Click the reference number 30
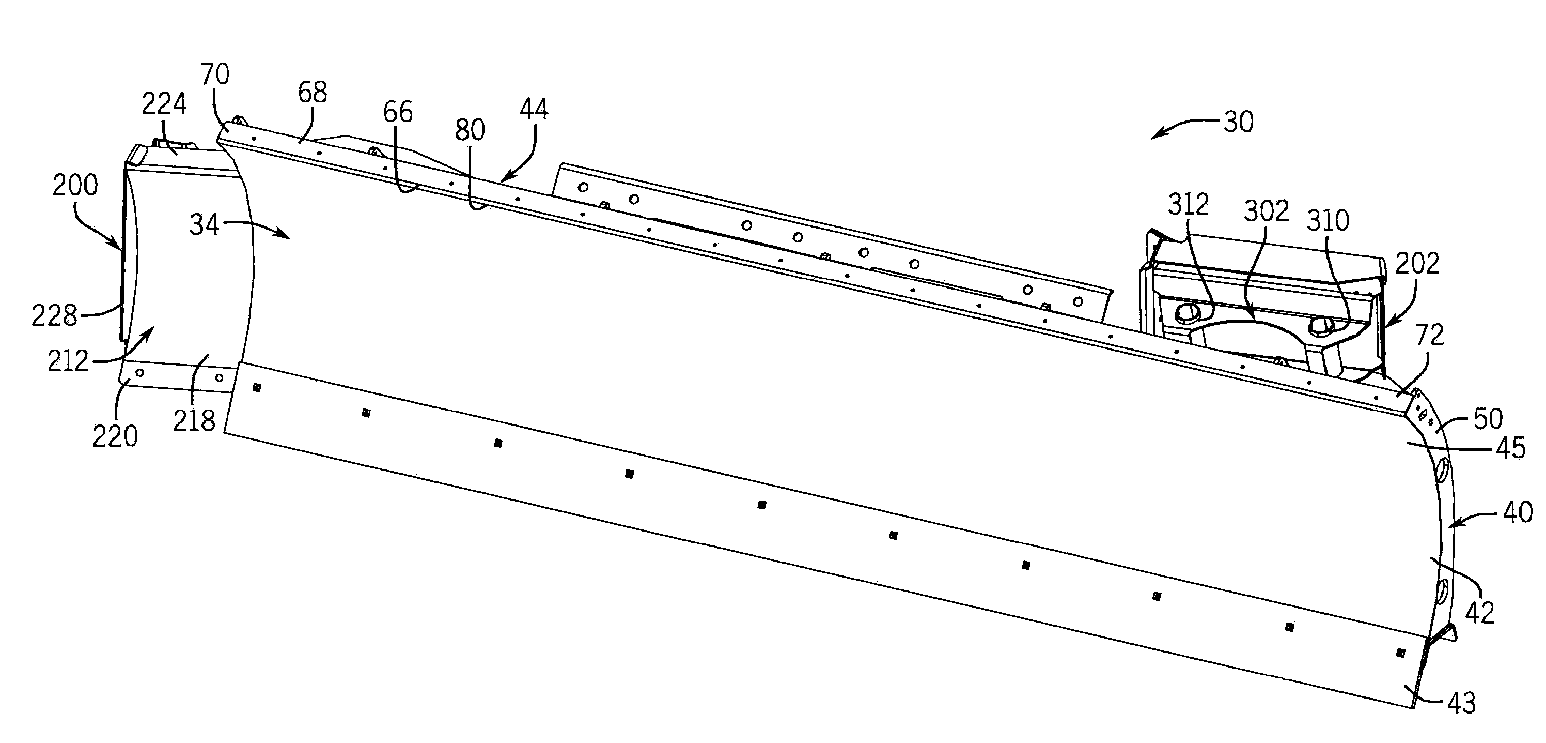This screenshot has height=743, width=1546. coord(1238,122)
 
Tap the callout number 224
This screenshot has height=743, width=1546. coord(164,104)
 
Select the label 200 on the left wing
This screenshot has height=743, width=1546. coord(75,186)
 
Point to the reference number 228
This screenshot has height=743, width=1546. coord(54,315)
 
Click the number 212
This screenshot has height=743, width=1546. coord(68,361)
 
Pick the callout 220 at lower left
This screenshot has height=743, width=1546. coord(115,435)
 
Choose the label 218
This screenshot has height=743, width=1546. coord(194,420)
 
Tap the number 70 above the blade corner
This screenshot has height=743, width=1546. coord(215,74)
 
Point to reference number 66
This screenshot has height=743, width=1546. coord(397,112)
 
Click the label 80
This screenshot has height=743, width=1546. coord(470,130)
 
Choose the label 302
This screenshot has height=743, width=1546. coord(1266,211)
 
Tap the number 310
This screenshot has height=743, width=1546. coord(1328,220)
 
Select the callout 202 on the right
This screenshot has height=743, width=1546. coord(1417,263)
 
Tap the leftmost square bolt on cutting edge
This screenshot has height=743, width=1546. coord(257,387)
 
